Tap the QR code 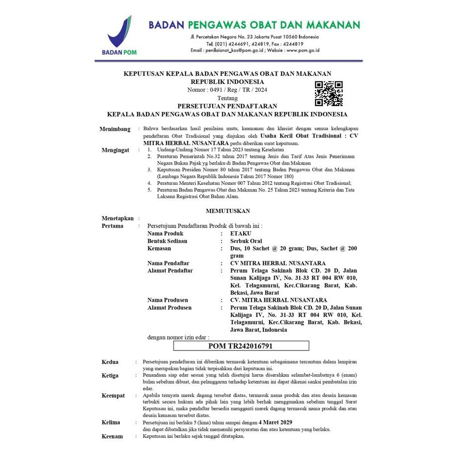click(328, 93)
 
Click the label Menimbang click(115, 129)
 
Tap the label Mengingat click(115, 150)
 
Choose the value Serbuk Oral click(246, 241)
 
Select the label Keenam click(112, 436)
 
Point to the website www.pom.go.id click(303, 50)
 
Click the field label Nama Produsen click(168, 300)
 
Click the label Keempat click(113, 395)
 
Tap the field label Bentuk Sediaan click(168, 241)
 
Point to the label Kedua click(110, 362)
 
